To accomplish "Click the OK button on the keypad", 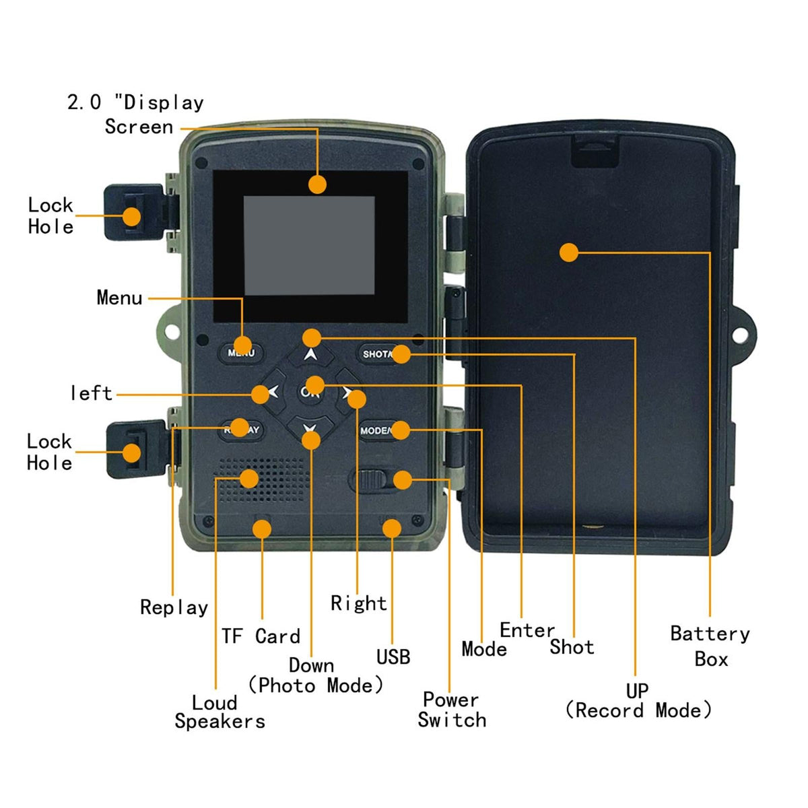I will pos(310,391).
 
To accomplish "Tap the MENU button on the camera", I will pos(241,352).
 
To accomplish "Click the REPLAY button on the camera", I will pos(241,430).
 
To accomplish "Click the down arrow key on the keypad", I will pos(310,428).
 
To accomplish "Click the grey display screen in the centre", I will pos(309,246).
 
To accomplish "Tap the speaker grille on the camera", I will pos(263,479).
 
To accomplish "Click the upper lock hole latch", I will pos(133,213).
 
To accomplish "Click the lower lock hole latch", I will pos(133,449).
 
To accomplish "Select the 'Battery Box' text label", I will pos(710,646).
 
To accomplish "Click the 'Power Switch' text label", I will pos(451,710).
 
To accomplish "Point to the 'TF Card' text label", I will pos(261,636).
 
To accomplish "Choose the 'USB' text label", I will pos(393,656).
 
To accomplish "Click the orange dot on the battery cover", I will pos(569,252).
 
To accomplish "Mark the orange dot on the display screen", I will pos(317,184).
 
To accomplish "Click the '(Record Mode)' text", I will pos(638,710).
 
